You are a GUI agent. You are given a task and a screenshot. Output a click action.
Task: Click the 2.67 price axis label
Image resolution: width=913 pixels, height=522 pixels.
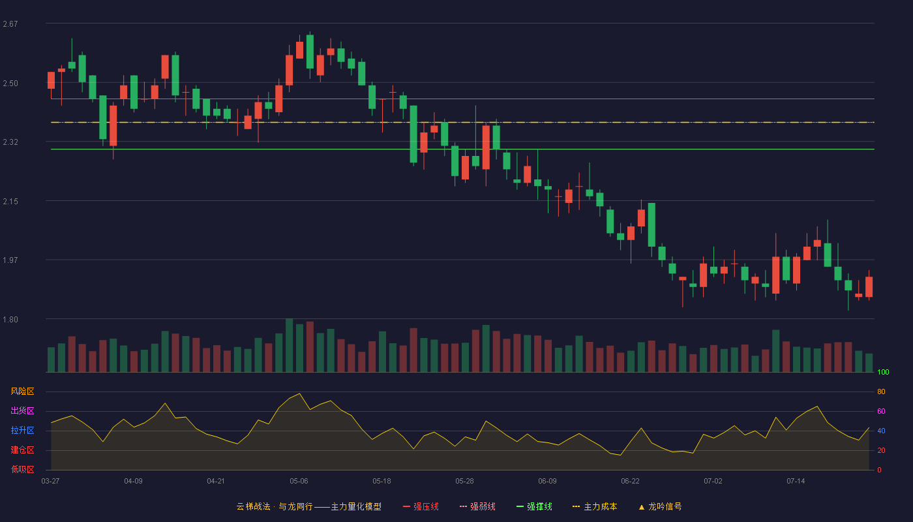[x=10, y=24]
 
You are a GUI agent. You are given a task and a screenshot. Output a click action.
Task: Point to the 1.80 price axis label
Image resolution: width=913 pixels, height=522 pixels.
[x=10, y=319]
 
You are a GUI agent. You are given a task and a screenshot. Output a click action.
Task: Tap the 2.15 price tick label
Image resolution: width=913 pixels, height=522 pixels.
[x=10, y=202]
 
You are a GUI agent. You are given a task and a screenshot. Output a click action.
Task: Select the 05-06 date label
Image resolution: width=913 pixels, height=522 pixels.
[x=299, y=482]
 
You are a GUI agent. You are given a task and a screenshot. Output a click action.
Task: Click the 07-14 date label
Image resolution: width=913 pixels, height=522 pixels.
[x=796, y=482]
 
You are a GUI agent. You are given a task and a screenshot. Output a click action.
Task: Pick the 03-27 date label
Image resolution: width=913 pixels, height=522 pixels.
[x=51, y=482]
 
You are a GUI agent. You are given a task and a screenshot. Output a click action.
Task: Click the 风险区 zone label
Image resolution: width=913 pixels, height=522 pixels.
[x=22, y=391]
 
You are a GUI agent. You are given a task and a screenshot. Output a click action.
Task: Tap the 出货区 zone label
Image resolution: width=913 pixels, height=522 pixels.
[x=22, y=410]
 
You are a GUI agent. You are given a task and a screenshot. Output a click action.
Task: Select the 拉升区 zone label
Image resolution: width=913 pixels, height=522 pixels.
[x=22, y=430]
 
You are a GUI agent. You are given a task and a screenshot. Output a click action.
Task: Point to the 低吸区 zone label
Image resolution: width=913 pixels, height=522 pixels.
[x=22, y=469]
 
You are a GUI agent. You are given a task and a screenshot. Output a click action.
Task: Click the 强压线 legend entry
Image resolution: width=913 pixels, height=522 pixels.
[x=421, y=506]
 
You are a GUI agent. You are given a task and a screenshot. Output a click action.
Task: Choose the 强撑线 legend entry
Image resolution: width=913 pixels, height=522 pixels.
[x=534, y=506]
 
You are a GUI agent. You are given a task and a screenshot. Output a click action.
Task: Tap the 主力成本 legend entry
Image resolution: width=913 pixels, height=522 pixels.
[x=595, y=506]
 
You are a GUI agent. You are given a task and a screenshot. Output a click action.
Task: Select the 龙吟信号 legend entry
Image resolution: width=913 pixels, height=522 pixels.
[x=660, y=506]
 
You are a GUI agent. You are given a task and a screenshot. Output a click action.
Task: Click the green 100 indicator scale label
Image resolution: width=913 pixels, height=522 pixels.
[x=883, y=372]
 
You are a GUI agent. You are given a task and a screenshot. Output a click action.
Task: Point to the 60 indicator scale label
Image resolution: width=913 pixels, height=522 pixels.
[x=881, y=411]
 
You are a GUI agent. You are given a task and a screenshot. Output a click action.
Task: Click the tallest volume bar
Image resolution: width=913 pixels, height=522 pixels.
[x=290, y=345]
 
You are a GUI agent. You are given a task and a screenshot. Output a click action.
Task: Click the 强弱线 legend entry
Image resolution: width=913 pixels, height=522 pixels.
[x=477, y=506]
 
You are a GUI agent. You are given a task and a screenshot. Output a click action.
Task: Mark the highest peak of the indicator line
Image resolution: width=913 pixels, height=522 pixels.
[x=299, y=393]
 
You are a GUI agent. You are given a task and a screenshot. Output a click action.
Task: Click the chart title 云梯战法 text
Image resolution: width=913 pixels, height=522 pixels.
[x=253, y=506]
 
